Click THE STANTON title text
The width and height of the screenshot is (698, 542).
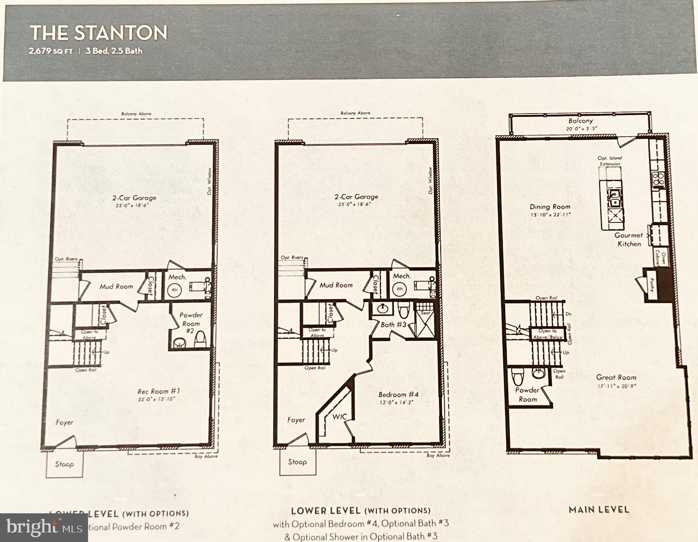tap(98, 33)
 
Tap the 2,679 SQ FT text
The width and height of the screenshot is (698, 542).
tap(51, 51)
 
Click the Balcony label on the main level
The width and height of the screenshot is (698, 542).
tap(580, 121)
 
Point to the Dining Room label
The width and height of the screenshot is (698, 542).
tap(550, 206)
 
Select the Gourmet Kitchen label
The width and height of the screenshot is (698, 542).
tap(629, 240)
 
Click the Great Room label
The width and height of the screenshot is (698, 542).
tap(616, 377)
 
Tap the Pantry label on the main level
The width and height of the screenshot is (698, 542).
tap(652, 285)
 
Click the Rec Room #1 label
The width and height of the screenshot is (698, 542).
tap(159, 391)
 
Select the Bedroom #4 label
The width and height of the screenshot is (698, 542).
tap(398, 394)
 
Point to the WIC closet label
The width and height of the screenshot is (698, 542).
tap(340, 416)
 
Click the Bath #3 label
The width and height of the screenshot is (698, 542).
tap(393, 324)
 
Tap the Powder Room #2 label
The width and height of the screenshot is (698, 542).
tap(191, 322)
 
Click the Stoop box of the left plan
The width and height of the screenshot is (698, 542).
tap(64, 464)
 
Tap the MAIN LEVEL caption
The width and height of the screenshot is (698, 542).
tap(599, 509)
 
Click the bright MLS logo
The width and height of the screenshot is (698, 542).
tap(44, 527)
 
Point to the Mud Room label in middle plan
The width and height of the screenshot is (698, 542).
tap(336, 285)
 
